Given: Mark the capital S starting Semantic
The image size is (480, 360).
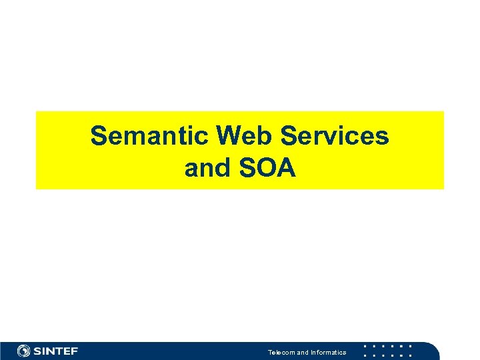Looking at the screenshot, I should coord(99,136).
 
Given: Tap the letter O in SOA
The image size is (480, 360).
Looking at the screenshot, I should coord(266,169).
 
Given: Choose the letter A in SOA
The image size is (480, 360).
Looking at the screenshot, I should coord(285,169).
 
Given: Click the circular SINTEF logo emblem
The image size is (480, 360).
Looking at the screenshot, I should coord(24,351).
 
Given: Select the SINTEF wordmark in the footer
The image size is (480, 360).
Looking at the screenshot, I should coord(56,351).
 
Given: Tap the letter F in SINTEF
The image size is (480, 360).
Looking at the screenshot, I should coord(73,351).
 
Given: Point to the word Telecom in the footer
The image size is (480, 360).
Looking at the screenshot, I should coord(281,352).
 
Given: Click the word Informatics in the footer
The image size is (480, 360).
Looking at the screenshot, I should coord(328,352).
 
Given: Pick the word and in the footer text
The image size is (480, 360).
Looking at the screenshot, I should coord(302,352).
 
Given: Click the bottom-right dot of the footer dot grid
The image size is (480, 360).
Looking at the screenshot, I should coord(410,355).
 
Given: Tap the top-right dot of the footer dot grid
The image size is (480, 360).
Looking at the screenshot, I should coord(410,346).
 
